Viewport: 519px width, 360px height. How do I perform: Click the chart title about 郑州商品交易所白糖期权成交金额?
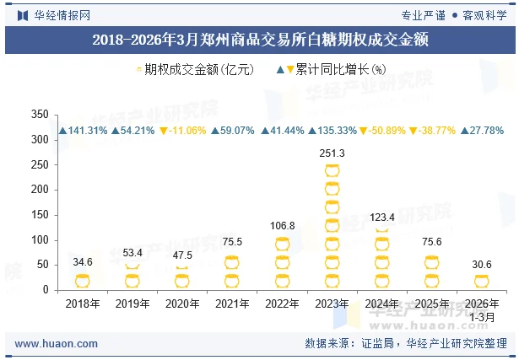coord(259,39)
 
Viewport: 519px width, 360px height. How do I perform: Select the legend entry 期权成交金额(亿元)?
coord(194,70)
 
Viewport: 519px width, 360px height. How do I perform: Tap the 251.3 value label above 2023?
coord(332,153)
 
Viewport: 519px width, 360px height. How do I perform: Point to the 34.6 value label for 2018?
coord(83,262)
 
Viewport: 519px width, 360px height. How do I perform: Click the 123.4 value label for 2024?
coord(382,217)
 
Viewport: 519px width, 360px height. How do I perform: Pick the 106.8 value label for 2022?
coord(282,225)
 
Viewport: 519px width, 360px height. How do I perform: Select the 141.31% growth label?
coord(83,131)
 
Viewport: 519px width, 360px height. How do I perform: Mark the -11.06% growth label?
coord(183,131)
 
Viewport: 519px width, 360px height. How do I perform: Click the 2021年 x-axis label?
coord(232,304)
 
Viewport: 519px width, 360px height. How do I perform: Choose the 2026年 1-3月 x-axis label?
coord(482,309)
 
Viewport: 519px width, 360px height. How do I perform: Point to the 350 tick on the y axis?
coord(39,115)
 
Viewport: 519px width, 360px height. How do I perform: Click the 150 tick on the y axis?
coord(39,215)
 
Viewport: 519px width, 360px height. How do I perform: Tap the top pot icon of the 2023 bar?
coord(332,171)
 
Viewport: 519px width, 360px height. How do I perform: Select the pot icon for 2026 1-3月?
coord(482,282)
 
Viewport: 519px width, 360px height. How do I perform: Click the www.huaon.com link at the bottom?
coord(57,344)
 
